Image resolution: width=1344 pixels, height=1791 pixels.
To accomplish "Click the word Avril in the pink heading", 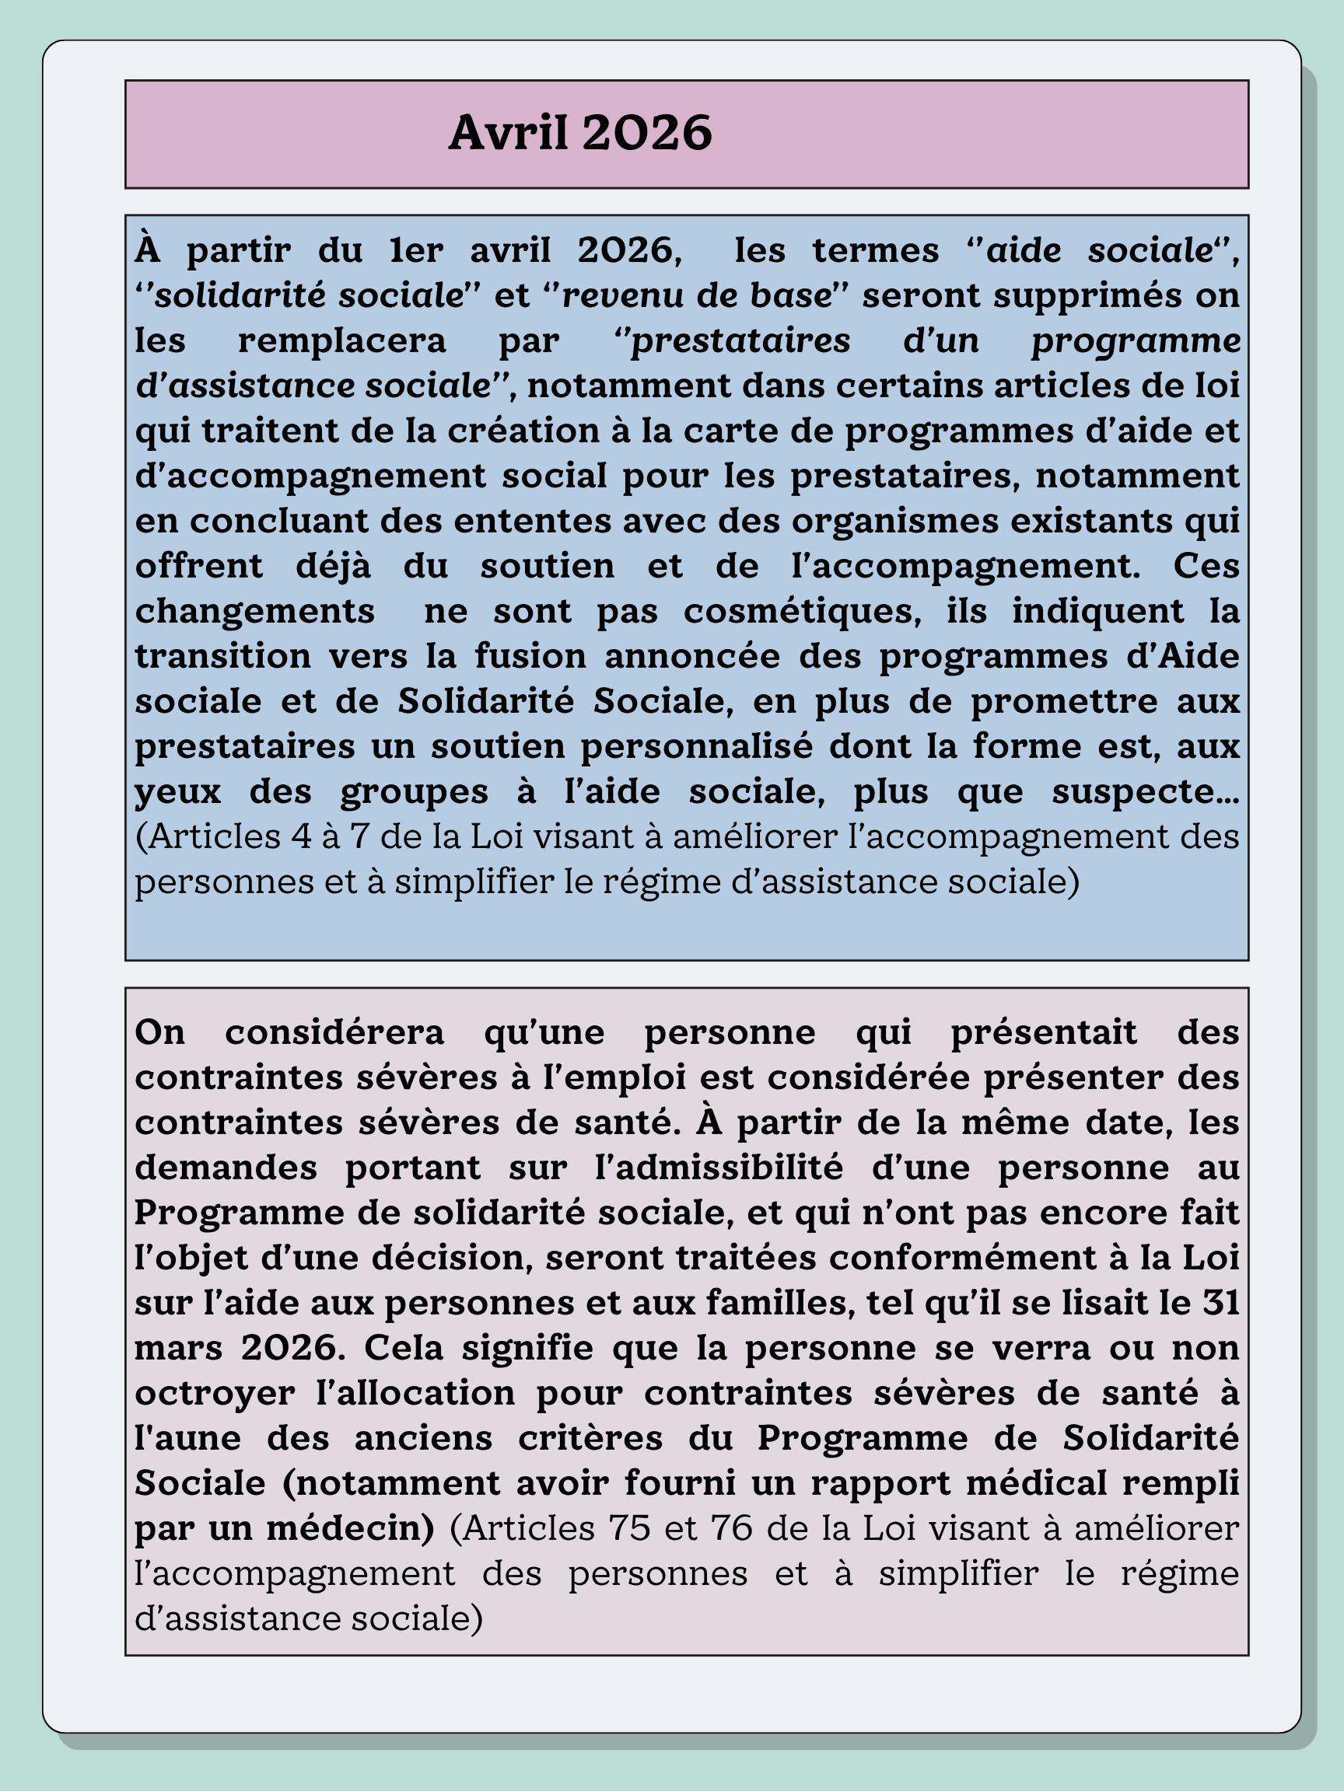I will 508,132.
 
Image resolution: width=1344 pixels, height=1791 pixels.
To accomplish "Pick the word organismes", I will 895,521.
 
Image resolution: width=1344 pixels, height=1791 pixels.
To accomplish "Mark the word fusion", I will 530,656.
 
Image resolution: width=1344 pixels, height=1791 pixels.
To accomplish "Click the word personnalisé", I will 697,745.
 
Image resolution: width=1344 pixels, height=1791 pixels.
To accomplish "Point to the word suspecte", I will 1145,791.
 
